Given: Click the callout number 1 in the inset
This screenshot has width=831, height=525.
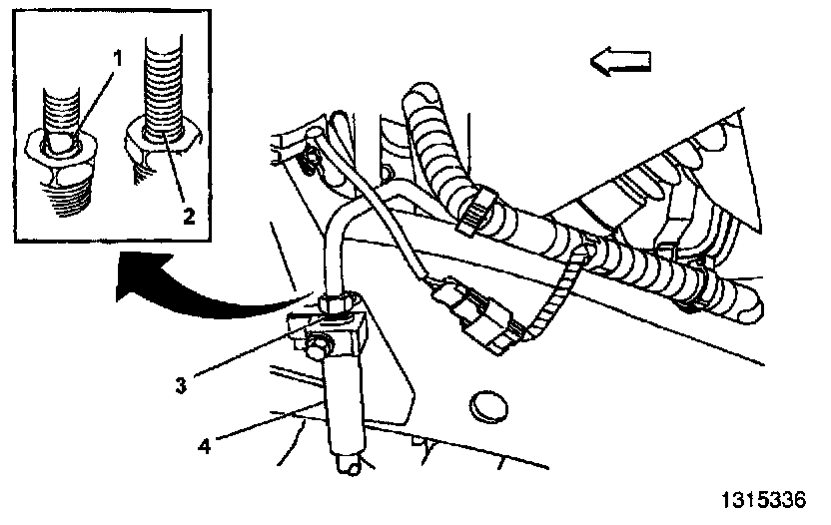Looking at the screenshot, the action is pos(118,58).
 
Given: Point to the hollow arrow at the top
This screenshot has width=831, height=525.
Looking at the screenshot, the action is pos(620,63).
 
